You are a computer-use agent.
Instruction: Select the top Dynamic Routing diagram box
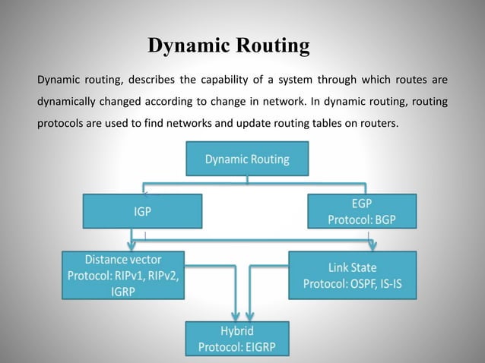246,160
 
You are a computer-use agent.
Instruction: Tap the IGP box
142,212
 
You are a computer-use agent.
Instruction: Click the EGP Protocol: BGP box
361,211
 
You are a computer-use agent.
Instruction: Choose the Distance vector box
123,275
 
